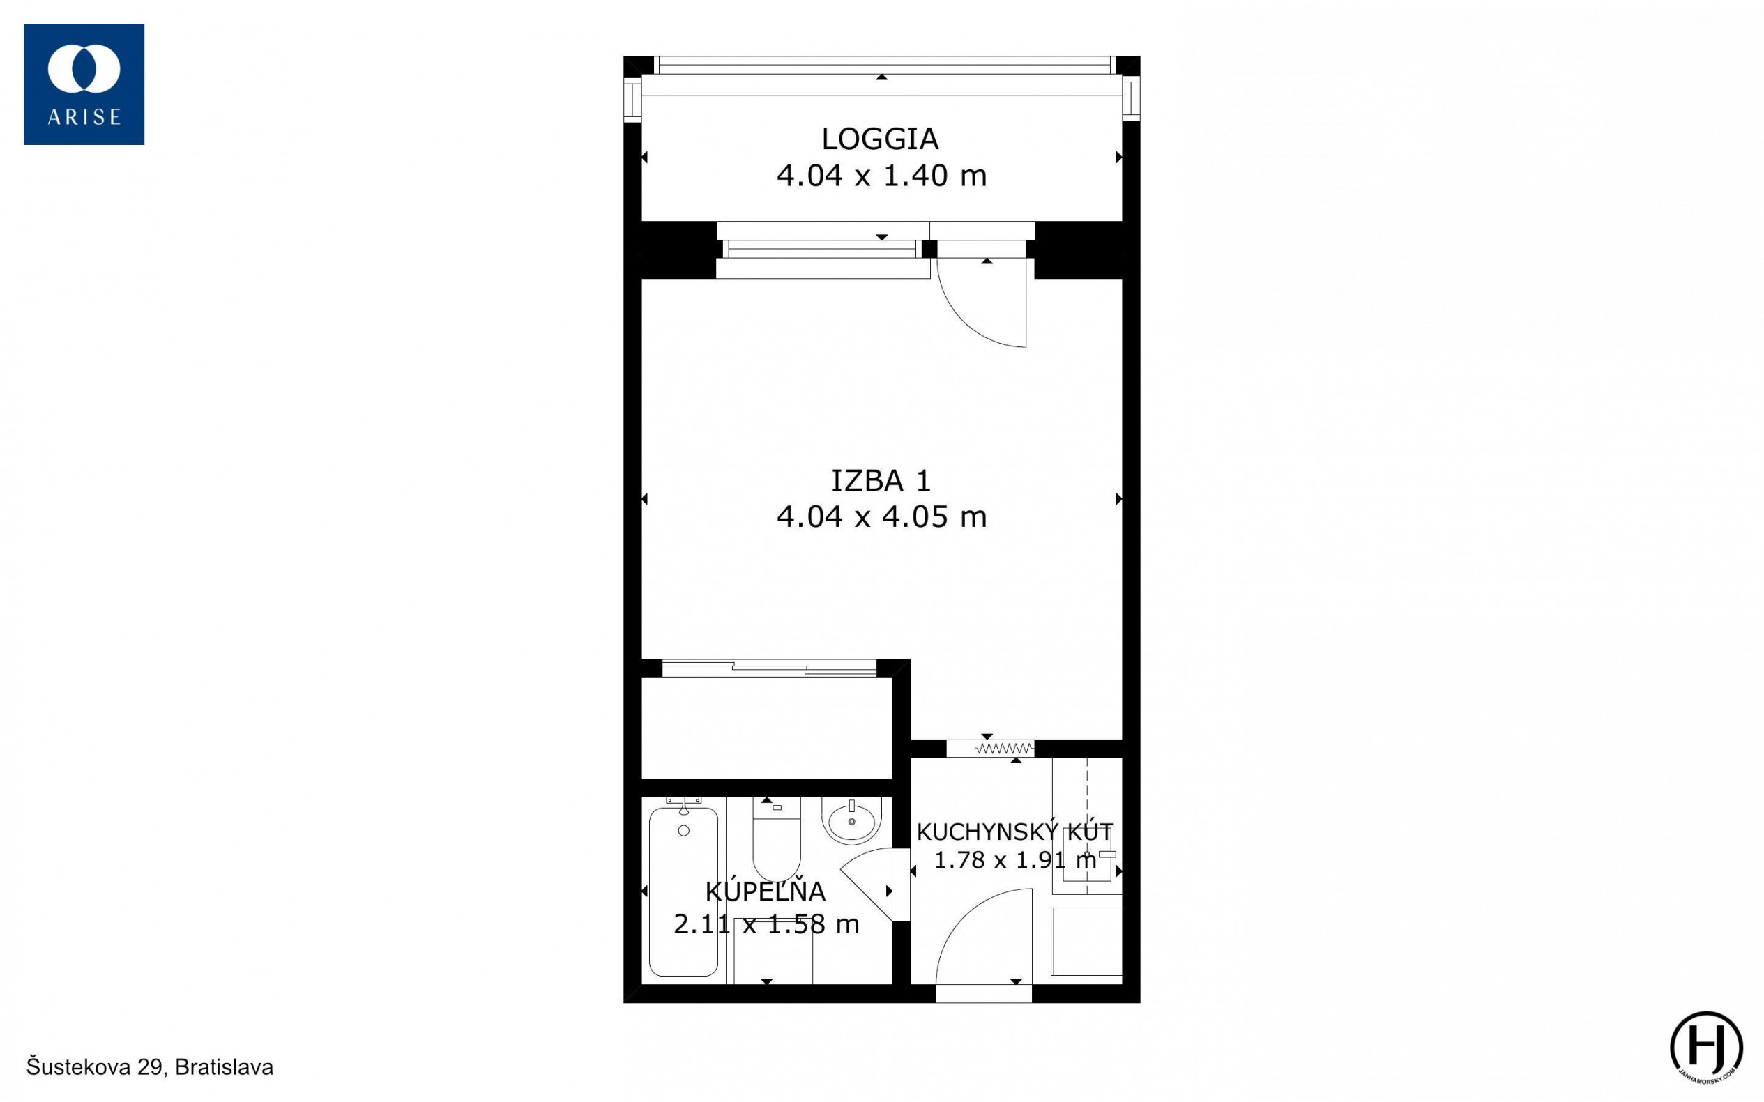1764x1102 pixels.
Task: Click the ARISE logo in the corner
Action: point(84,84)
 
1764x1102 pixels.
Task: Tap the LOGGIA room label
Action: point(880,139)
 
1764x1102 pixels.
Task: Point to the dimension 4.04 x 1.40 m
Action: point(881,176)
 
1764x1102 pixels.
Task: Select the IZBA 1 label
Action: point(881,480)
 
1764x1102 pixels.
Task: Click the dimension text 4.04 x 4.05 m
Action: point(881,516)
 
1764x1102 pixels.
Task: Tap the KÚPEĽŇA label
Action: point(766,891)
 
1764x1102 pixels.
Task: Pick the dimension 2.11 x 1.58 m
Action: point(766,924)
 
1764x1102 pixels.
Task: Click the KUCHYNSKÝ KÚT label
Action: point(1014,831)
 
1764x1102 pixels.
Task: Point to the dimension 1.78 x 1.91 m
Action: point(1014,860)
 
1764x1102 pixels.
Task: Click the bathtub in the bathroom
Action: point(683,891)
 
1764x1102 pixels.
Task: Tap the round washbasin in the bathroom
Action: point(851,821)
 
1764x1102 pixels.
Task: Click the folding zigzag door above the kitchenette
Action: point(1005,749)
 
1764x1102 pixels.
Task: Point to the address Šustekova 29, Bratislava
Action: point(150,1067)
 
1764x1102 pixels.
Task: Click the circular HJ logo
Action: point(1706,1046)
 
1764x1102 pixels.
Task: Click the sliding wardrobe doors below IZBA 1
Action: point(769,668)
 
